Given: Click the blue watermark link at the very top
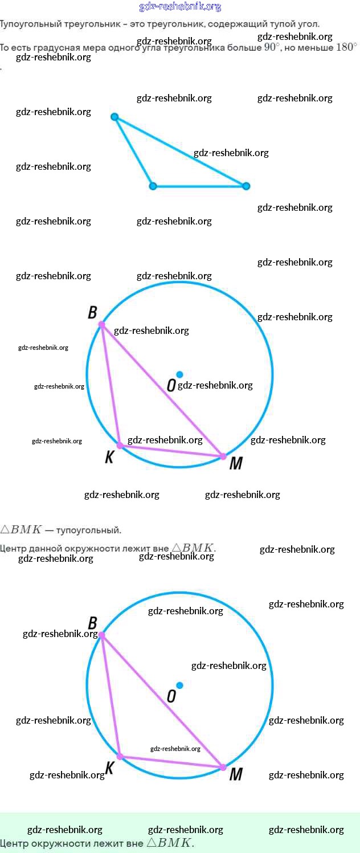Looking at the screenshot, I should click(180, 7).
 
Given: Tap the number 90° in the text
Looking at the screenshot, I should click(272, 48).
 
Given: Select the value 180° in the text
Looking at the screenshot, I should click(346, 48).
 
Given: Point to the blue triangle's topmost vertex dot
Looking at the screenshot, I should click(114, 117).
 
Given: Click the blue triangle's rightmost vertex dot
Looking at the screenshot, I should click(246, 186).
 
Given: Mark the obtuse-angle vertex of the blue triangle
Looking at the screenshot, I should click(153, 186).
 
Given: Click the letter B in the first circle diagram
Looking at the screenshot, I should click(92, 312).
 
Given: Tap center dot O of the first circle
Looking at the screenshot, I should click(179, 374).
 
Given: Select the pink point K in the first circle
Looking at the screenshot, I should click(120, 445).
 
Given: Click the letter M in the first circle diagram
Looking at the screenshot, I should click(235, 464).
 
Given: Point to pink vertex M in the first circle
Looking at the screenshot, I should click(223, 456).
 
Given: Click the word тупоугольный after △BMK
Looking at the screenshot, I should click(89, 530).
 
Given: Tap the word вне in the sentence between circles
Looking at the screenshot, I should click(161, 549).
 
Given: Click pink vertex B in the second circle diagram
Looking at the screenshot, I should click(102, 635).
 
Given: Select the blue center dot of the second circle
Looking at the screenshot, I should click(179, 685).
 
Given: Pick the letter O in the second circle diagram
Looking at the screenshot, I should click(171, 696).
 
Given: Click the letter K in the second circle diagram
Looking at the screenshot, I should click(110, 768).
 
